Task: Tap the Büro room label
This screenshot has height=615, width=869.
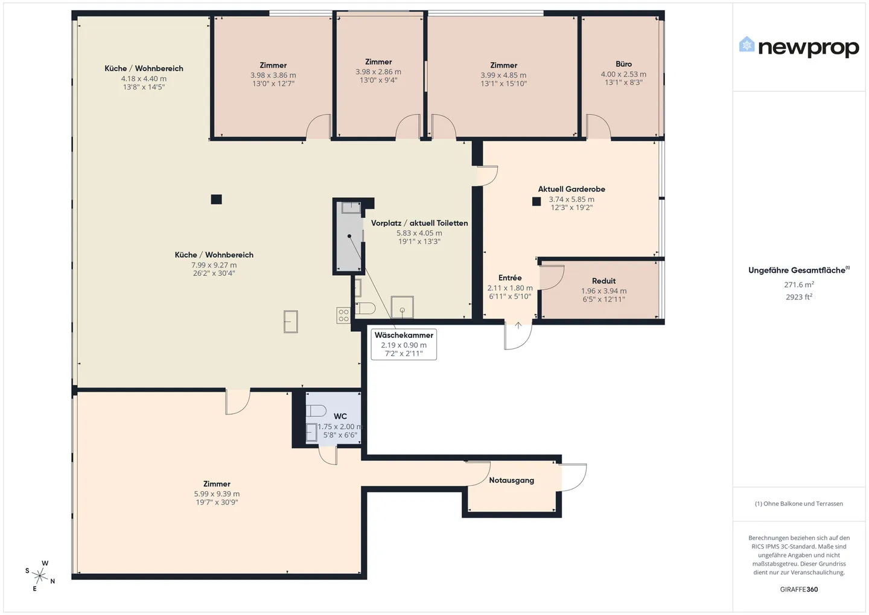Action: pyautogui.click(x=623, y=64)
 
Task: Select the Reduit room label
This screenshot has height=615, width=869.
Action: pyautogui.click(x=603, y=281)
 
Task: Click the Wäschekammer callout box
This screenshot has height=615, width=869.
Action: pyautogui.click(x=404, y=345)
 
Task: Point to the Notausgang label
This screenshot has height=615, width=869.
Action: pyautogui.click(x=511, y=480)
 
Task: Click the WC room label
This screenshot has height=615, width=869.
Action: pyautogui.click(x=340, y=416)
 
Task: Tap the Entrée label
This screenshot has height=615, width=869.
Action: pyautogui.click(x=510, y=278)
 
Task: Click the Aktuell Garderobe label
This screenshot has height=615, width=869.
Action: pyautogui.click(x=571, y=190)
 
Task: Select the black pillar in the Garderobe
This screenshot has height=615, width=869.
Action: pyautogui.click(x=536, y=202)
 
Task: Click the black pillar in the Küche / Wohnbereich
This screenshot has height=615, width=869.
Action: pyautogui.click(x=217, y=199)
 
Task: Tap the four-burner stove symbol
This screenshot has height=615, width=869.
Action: pyautogui.click(x=343, y=316)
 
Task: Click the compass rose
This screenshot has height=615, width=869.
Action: pyautogui.click(x=40, y=576)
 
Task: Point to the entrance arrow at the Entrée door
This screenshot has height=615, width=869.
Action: pyautogui.click(x=518, y=325)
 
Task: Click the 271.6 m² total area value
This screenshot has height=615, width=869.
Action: pyautogui.click(x=799, y=284)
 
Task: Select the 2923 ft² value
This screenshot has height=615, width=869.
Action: pyautogui.click(x=799, y=297)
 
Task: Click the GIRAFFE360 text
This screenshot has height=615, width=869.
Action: pyautogui.click(x=799, y=590)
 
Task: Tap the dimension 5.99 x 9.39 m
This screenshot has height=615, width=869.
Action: pyautogui.click(x=217, y=494)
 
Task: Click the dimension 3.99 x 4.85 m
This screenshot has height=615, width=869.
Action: pyautogui.click(x=503, y=75)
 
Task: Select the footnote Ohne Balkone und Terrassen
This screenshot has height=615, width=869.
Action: pyautogui.click(x=799, y=503)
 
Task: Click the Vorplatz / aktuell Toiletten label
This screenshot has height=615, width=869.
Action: pyautogui.click(x=419, y=223)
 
